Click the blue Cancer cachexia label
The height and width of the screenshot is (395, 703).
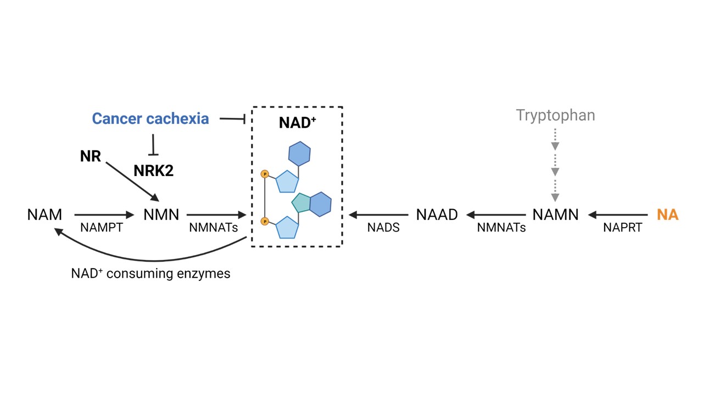pos(150,119)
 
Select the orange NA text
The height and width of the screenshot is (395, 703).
pos(668,215)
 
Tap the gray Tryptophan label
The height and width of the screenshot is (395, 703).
pos(555,116)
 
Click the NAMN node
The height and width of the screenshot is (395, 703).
pos(555,215)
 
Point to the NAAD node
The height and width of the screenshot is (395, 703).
pos(437,215)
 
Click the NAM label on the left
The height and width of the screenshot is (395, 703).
pos(44,215)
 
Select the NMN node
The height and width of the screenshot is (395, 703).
pos(161,215)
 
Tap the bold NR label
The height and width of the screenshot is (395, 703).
pos(91,157)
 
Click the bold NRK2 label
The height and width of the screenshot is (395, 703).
pos(153,171)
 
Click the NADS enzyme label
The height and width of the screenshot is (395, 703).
pos(383,228)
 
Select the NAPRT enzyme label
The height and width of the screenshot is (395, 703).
pos(622,228)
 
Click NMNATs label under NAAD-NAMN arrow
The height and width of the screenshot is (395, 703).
pos(501,228)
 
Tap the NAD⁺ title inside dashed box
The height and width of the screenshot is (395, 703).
pos(297,122)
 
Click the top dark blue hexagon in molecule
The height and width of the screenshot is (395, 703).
pos(299,154)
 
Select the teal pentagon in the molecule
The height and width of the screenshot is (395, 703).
pos(302,203)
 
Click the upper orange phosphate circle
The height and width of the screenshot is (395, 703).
pos(265,174)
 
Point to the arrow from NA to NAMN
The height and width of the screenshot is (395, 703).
pos(618,215)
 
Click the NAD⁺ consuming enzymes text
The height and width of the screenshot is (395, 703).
pos(150,273)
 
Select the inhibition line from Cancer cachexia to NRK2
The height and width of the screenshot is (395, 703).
pos(154,144)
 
